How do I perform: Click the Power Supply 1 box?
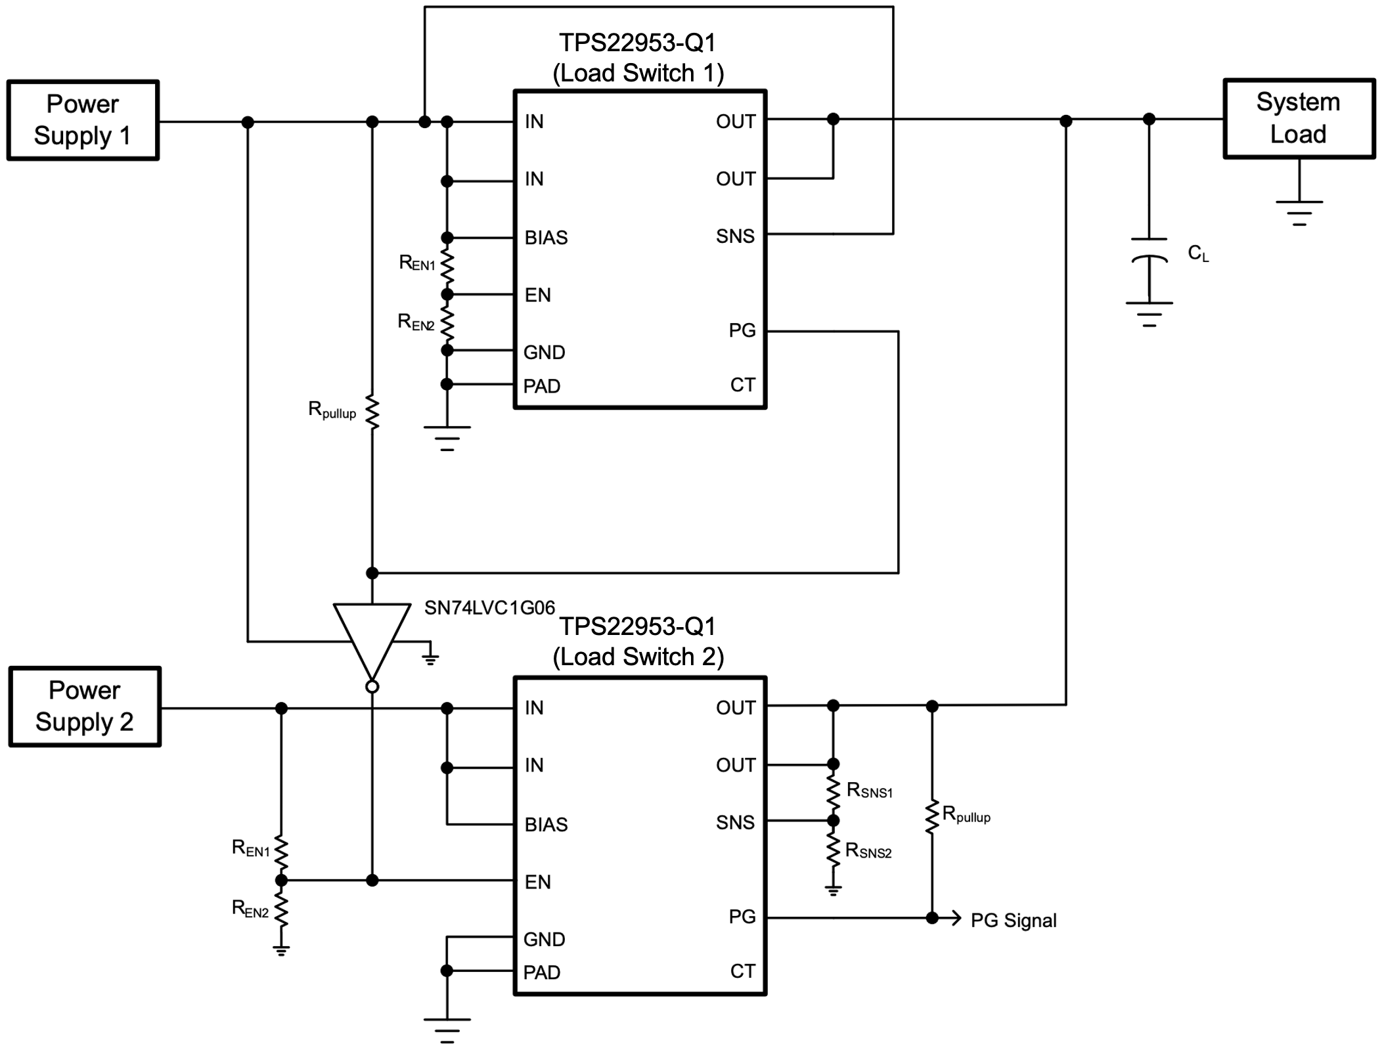click(83, 120)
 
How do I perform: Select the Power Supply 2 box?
click(85, 707)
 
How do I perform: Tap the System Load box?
click(1299, 118)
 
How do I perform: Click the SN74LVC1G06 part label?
click(489, 608)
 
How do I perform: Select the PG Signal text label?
click(1013, 921)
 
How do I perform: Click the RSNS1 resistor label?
click(870, 791)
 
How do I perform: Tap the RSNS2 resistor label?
click(868, 851)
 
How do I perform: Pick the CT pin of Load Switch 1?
click(742, 385)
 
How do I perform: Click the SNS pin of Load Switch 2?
click(735, 822)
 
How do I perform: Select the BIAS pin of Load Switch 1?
click(546, 238)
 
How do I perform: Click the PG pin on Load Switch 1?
click(742, 330)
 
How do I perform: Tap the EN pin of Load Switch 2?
click(537, 882)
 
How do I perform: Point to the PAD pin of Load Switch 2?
click(541, 972)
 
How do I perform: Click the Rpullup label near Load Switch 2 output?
click(966, 815)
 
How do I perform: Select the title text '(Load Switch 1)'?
click(638, 73)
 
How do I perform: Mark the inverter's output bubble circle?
click(372, 687)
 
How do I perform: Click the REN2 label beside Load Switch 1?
click(416, 322)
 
